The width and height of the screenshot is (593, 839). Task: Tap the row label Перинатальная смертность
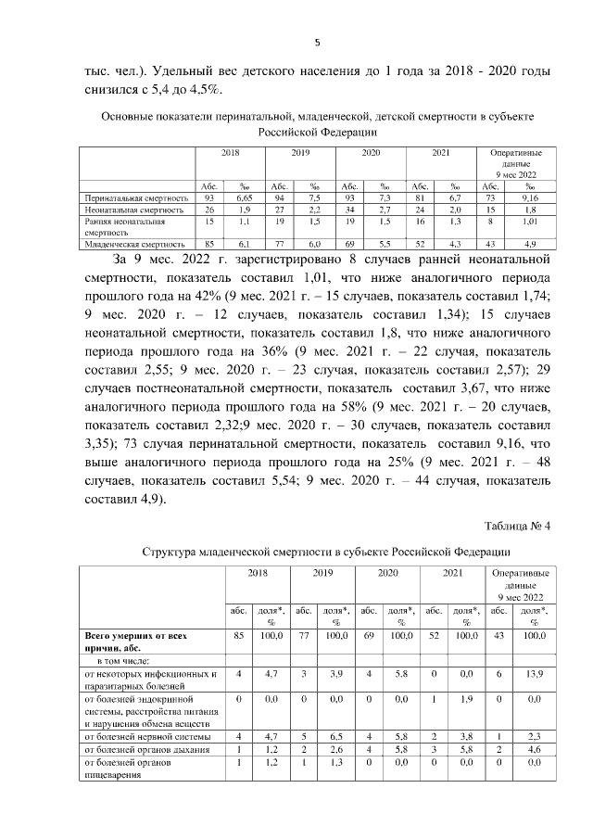(x=136, y=198)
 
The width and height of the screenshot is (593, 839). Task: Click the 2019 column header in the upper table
(x=300, y=151)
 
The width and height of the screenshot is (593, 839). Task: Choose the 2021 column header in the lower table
(x=452, y=574)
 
